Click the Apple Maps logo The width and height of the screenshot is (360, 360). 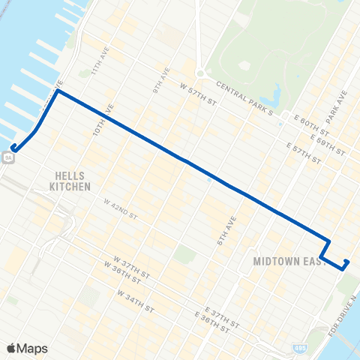(x=27, y=349)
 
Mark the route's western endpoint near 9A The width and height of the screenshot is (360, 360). (x=13, y=148)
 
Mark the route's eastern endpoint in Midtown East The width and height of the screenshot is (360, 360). (x=346, y=261)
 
